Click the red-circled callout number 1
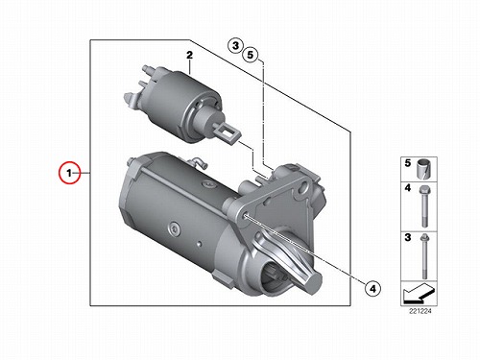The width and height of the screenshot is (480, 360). pos(69,173)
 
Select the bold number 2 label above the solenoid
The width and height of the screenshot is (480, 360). pos(190,56)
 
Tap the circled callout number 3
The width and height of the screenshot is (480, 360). pos(235,46)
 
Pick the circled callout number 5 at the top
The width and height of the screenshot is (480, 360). pos(251,55)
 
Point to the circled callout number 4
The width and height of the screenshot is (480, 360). pos(372,289)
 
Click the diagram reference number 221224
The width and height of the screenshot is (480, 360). pos(420,311)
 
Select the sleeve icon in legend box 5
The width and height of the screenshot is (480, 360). pos(424,169)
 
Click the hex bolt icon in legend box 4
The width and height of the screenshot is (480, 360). pos(424,206)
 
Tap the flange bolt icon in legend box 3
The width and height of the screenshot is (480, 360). pos(424,256)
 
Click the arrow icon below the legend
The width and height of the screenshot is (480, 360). pos(419,294)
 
